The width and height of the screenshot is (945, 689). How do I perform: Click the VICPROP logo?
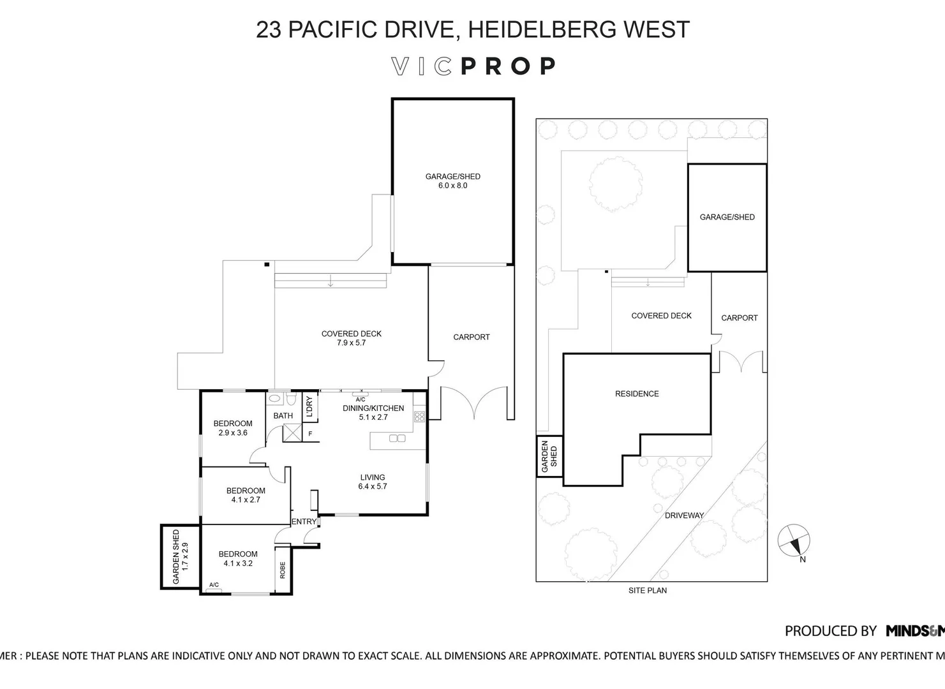pyautogui.click(x=473, y=66)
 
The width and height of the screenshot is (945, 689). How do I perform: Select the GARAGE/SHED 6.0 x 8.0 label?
pyautogui.click(x=452, y=181)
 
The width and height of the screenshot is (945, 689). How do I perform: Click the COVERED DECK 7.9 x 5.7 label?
pyautogui.click(x=351, y=338)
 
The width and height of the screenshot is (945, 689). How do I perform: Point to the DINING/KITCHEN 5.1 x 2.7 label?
pyautogui.click(x=373, y=413)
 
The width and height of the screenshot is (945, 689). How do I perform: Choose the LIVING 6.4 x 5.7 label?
pyautogui.click(x=372, y=482)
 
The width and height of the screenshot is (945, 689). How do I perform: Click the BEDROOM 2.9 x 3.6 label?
pyautogui.click(x=232, y=428)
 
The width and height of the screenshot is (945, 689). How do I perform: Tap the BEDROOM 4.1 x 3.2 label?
pyautogui.click(x=238, y=559)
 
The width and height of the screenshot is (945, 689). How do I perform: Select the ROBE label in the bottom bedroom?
pyautogui.click(x=283, y=570)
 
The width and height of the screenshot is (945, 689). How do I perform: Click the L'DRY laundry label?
pyautogui.click(x=309, y=407)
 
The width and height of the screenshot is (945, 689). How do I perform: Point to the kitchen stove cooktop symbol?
pyautogui.click(x=419, y=417)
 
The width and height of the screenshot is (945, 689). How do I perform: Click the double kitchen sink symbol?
pyautogui.click(x=397, y=438)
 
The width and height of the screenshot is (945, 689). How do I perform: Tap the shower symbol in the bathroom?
pyautogui.click(x=292, y=433)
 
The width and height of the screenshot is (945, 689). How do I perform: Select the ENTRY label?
pyautogui.click(x=304, y=522)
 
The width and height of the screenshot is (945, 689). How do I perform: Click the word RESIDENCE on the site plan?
pyautogui.click(x=636, y=394)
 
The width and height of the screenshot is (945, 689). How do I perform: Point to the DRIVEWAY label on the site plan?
pyautogui.click(x=684, y=515)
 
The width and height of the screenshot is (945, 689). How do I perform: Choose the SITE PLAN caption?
pyautogui.click(x=647, y=591)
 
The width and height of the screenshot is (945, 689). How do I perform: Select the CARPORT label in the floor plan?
pyautogui.click(x=471, y=337)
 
